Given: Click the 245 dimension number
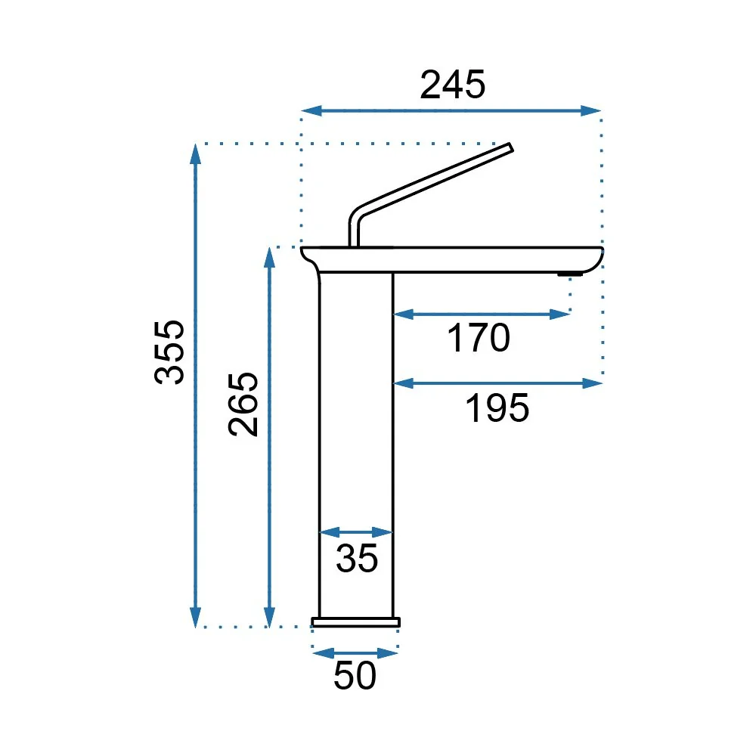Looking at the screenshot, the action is click(452, 85).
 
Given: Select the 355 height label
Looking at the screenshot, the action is click(169, 352).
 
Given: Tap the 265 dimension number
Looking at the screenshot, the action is click(243, 404).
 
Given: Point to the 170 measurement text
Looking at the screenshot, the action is click(479, 337).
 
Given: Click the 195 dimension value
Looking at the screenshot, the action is click(497, 408).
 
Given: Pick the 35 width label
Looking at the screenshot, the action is click(357, 559).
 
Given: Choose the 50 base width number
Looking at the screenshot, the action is click(355, 675).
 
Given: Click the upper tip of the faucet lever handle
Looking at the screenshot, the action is click(510, 147).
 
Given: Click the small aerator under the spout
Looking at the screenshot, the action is click(570, 274).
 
